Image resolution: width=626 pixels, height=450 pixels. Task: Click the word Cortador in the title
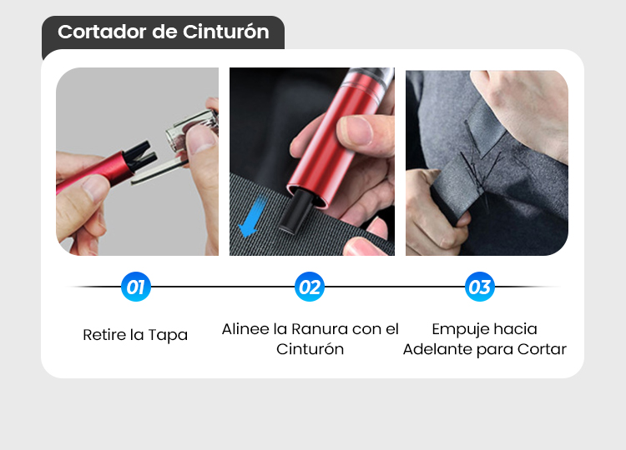point(102,32)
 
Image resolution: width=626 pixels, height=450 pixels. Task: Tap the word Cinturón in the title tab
point(226,32)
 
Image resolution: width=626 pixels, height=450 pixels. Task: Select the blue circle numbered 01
point(136,287)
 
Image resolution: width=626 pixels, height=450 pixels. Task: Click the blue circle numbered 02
point(310,287)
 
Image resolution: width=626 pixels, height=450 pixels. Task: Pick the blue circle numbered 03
point(479,287)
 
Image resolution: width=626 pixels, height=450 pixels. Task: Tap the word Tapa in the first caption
point(168,335)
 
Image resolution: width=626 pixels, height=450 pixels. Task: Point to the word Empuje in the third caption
point(461,330)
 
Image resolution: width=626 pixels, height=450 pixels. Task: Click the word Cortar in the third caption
point(542,349)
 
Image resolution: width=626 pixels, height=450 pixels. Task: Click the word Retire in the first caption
point(102,335)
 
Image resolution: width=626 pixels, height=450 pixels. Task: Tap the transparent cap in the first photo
point(192,129)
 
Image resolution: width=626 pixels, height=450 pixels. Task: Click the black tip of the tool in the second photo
point(295,211)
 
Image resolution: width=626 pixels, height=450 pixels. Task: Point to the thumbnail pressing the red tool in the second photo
point(356,129)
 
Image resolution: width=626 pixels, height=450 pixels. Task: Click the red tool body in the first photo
point(96,172)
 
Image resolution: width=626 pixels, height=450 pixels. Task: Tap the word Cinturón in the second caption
point(310,349)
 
